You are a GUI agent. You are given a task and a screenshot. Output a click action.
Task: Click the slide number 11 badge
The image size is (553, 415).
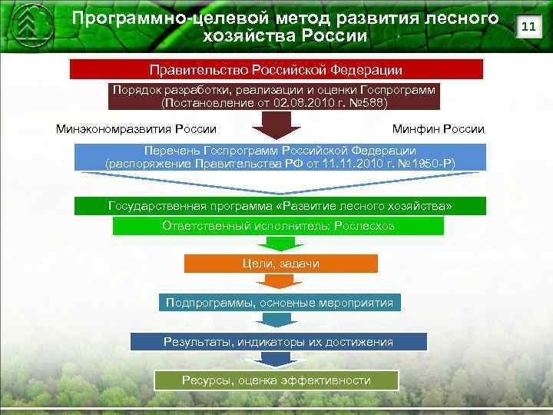(x=528, y=27)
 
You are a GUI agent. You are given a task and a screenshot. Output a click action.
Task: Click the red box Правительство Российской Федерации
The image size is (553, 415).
(x=276, y=70)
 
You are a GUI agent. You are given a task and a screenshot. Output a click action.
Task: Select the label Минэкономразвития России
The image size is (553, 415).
(x=136, y=128)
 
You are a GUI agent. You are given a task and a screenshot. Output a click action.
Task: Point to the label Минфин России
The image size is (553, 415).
(x=438, y=128)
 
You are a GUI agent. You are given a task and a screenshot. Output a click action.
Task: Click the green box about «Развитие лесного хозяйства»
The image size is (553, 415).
(x=280, y=207)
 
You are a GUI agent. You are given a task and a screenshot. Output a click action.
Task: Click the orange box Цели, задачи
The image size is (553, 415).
(x=280, y=264)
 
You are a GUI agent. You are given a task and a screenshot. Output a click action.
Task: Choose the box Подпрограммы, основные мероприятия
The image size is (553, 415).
(x=280, y=302)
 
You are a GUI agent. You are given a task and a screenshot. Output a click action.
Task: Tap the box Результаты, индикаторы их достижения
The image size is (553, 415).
(x=278, y=341)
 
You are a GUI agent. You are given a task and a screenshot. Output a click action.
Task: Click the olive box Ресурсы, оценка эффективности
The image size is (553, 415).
(x=276, y=380)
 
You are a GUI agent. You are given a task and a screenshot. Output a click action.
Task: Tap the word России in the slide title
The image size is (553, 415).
(x=323, y=35)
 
